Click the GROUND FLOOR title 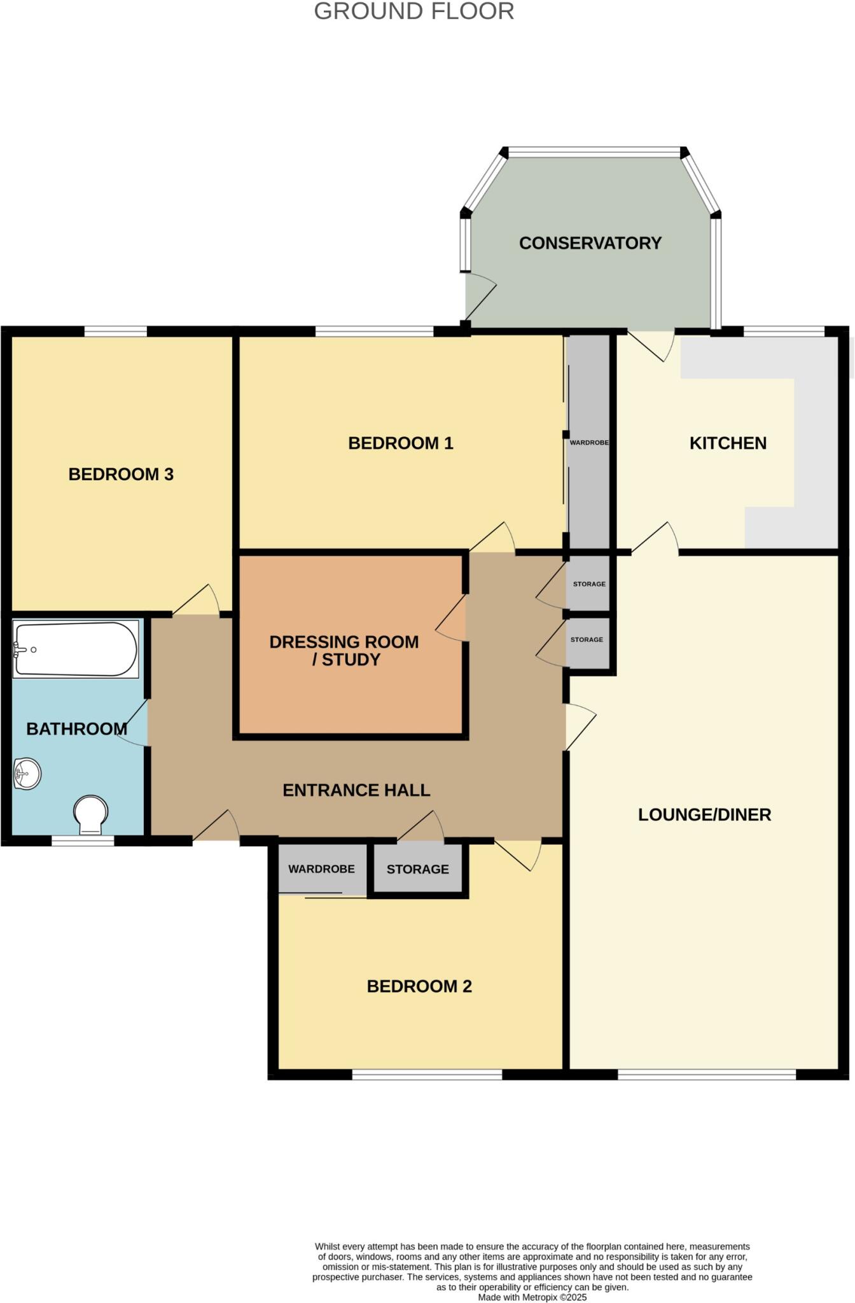click(414, 11)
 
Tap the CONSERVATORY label click(590, 243)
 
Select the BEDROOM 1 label click(400, 443)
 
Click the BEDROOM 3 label click(121, 474)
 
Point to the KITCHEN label click(728, 443)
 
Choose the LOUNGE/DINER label click(704, 814)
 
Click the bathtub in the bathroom click(75, 649)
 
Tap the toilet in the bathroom click(90, 814)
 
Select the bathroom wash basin click(27, 774)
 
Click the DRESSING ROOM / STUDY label click(344, 650)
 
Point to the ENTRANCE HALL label click(356, 790)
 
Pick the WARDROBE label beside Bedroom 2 click(321, 869)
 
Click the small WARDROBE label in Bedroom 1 click(589, 442)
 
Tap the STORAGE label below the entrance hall click(417, 869)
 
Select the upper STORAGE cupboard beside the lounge click(589, 584)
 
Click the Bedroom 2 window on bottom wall click(427, 1075)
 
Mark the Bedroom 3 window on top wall click(115, 331)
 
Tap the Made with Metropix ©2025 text click(532, 1297)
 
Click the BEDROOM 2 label click(419, 986)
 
